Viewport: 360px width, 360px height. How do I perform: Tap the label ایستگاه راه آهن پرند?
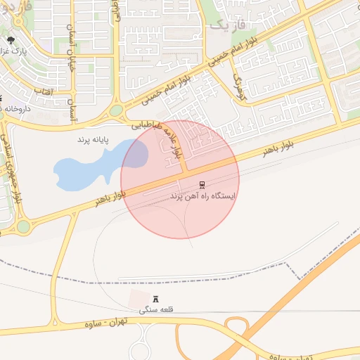click(x=203, y=196)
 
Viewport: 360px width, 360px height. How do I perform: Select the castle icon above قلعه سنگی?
click(x=155, y=299)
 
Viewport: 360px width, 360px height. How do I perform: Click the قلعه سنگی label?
click(x=155, y=309)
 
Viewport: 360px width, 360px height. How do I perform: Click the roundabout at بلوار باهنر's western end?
click(x=23, y=226)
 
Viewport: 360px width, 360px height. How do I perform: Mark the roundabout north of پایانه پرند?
click(x=116, y=110)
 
